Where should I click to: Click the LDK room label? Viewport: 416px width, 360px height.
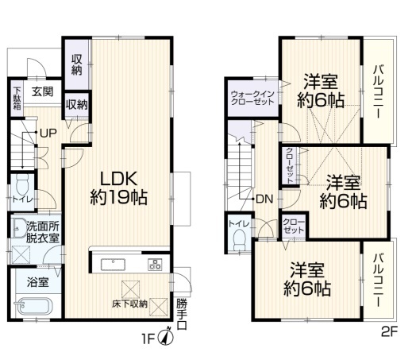(118, 188)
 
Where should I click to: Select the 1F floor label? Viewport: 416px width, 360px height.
(148, 339)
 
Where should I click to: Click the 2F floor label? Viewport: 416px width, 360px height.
(389, 332)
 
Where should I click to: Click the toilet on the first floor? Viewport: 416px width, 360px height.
(23, 184)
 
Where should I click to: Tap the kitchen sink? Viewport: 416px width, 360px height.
(113, 265)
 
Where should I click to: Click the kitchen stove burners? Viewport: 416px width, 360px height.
(155, 264)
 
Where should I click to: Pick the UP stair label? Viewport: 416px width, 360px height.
(48, 133)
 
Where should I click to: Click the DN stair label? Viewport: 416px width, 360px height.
(264, 199)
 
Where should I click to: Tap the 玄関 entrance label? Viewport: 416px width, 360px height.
(42, 92)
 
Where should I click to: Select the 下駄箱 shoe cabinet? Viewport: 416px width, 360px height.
(17, 99)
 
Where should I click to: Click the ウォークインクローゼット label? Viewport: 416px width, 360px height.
(252, 98)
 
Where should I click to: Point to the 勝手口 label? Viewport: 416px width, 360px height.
(182, 314)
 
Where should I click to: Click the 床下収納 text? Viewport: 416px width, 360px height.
(129, 304)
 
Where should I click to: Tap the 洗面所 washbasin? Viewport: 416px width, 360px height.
(17, 227)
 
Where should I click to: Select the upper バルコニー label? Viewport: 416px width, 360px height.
(379, 91)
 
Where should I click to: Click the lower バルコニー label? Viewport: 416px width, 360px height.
(379, 281)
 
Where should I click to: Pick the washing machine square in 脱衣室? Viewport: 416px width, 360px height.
(21, 255)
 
